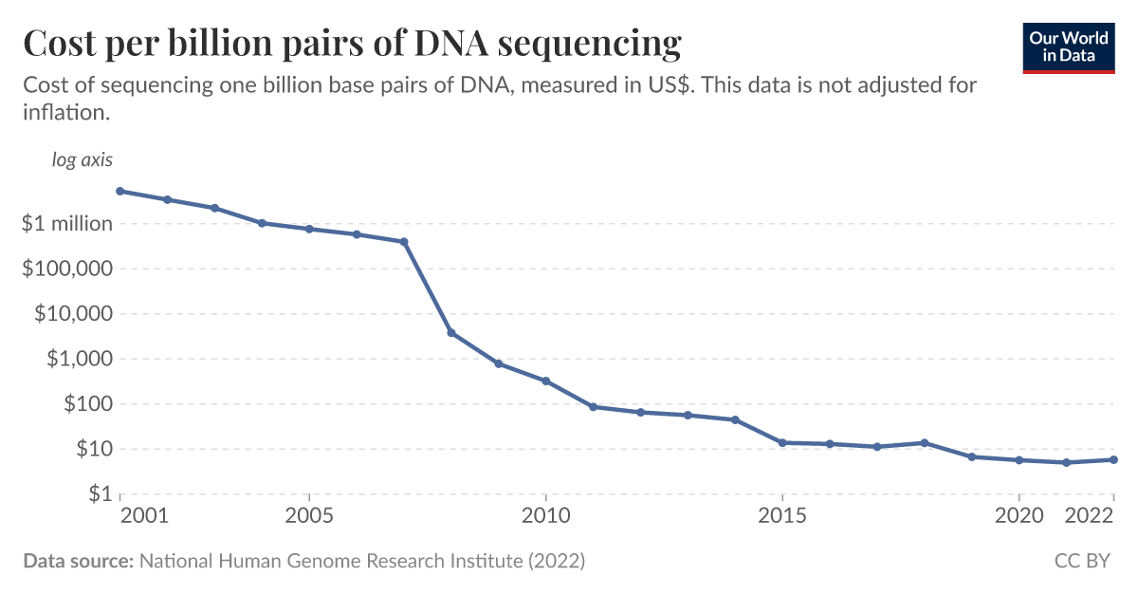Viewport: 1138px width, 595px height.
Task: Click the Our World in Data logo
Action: pyautogui.click(x=1069, y=45)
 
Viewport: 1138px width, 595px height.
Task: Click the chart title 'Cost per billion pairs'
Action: pyautogui.click(x=351, y=44)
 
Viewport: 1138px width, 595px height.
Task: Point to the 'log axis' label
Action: pyautogui.click(x=82, y=159)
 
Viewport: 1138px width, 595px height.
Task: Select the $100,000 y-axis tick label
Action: pyautogui.click(x=65, y=269)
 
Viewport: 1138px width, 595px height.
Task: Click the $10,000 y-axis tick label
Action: pyautogui.click(x=71, y=314)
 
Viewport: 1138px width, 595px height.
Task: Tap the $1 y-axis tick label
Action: pyautogui.click(x=98, y=494)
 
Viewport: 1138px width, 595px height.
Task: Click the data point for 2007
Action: pyautogui.click(x=404, y=242)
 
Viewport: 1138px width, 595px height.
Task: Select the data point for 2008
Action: pyautogui.click(x=451, y=333)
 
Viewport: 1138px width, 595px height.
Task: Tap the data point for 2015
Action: pyautogui.click(x=782, y=442)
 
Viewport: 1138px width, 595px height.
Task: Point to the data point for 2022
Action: pyautogui.click(x=1113, y=460)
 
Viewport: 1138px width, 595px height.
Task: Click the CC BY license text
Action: pyautogui.click(x=1082, y=561)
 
